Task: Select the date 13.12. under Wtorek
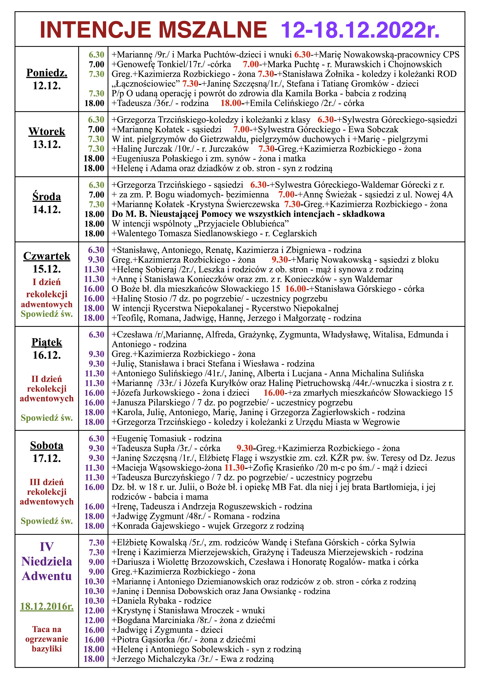point(47,144)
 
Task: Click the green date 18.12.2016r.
point(47,607)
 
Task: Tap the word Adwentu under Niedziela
point(47,576)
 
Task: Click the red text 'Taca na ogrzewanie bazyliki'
point(47,639)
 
